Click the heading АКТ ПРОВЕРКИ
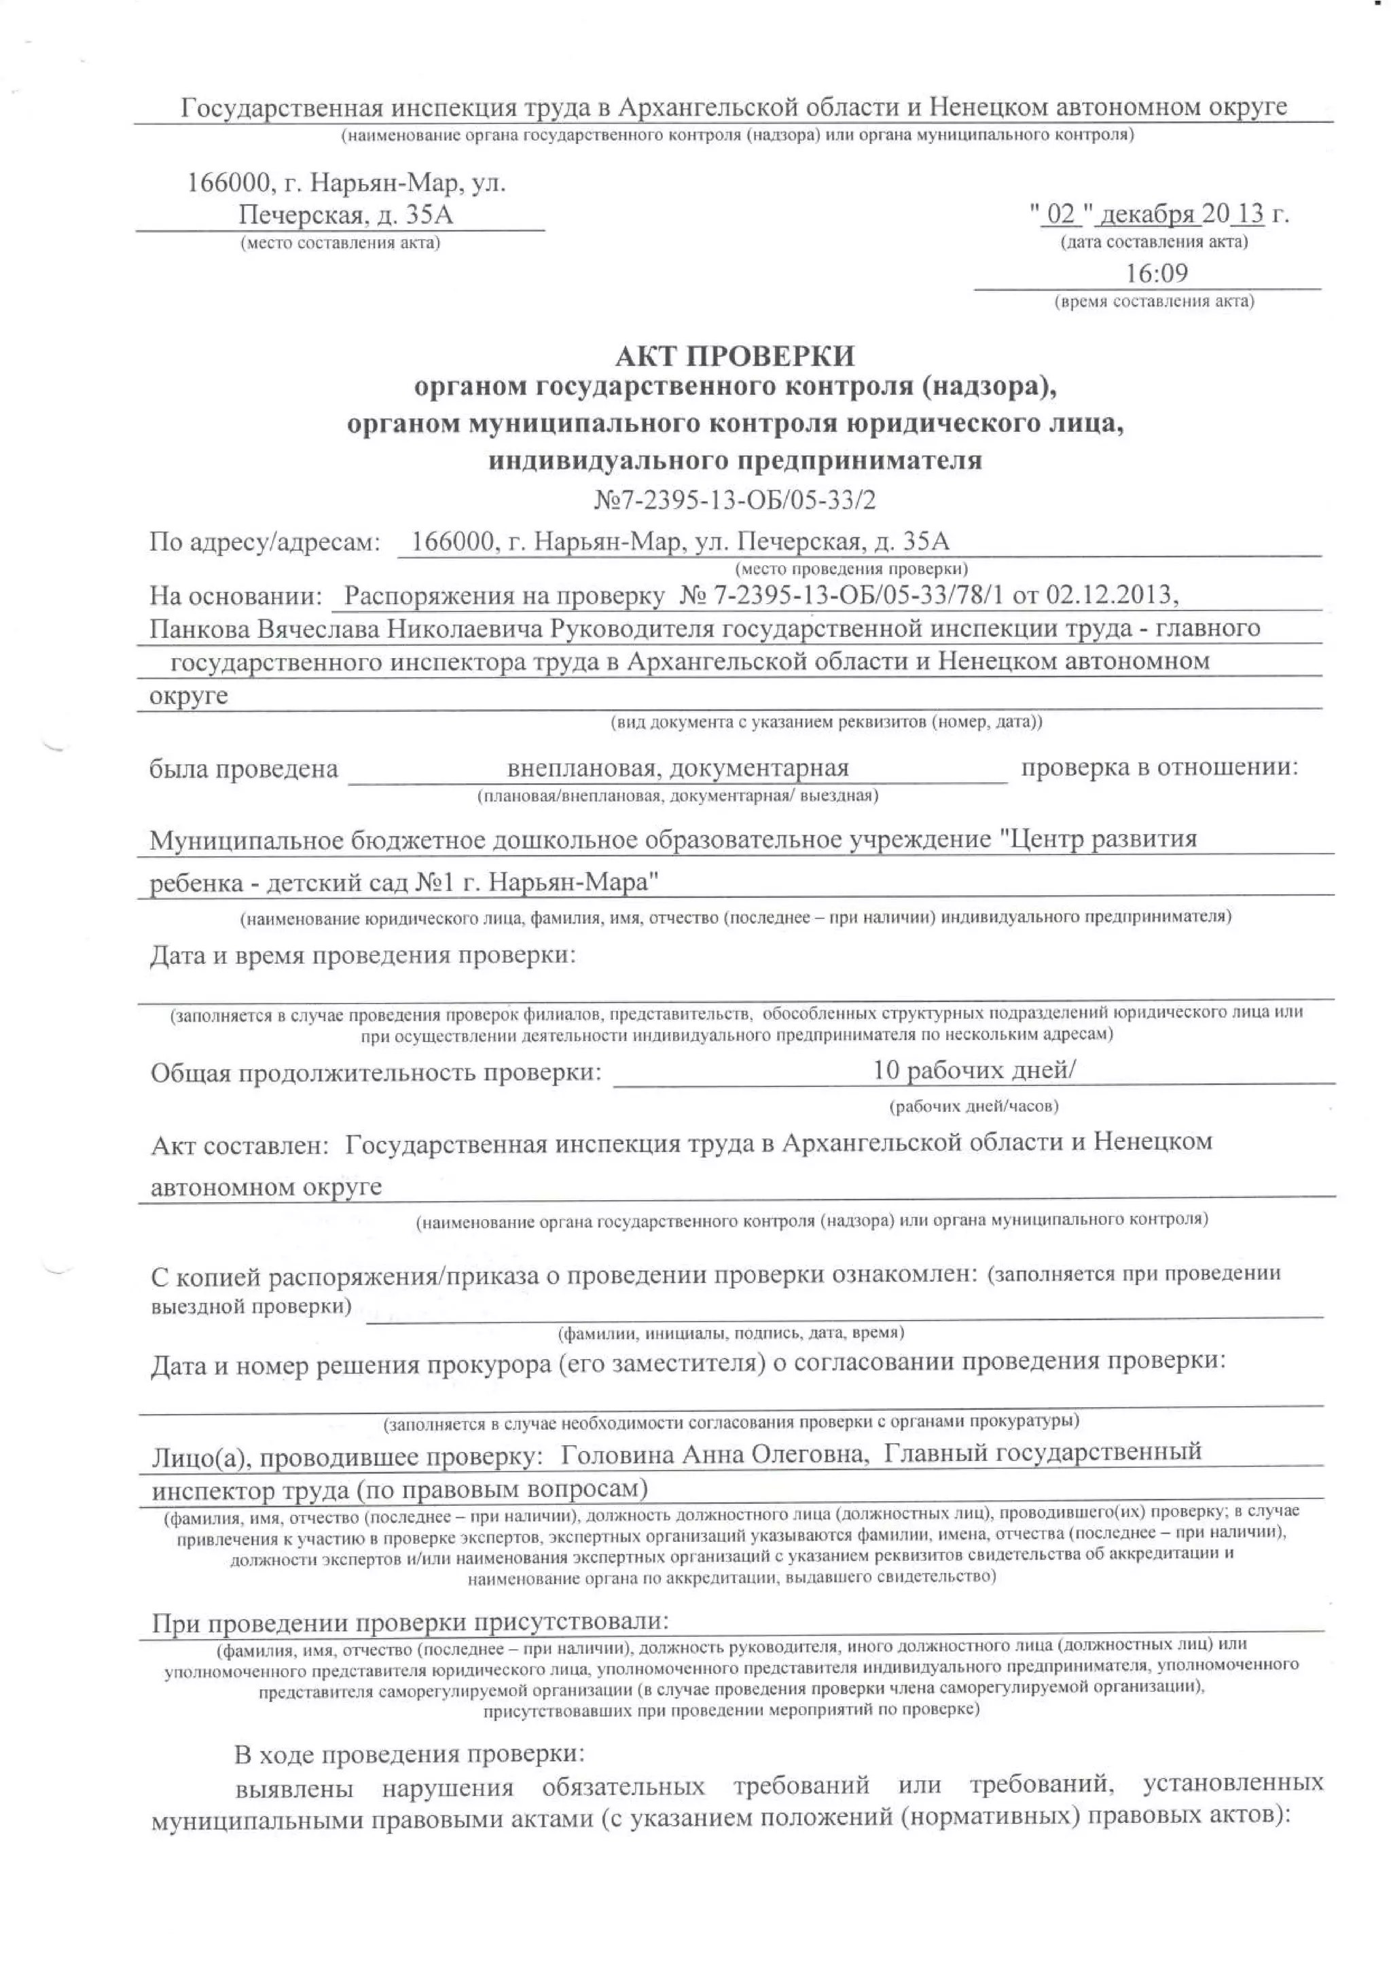(734, 355)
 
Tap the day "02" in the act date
(1060, 213)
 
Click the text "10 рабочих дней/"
(974, 1070)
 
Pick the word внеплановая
(581, 768)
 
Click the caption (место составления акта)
(340, 242)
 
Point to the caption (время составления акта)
(1155, 302)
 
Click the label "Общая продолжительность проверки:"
(376, 1072)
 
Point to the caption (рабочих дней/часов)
(974, 1106)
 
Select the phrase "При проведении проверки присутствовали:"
(410, 1621)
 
